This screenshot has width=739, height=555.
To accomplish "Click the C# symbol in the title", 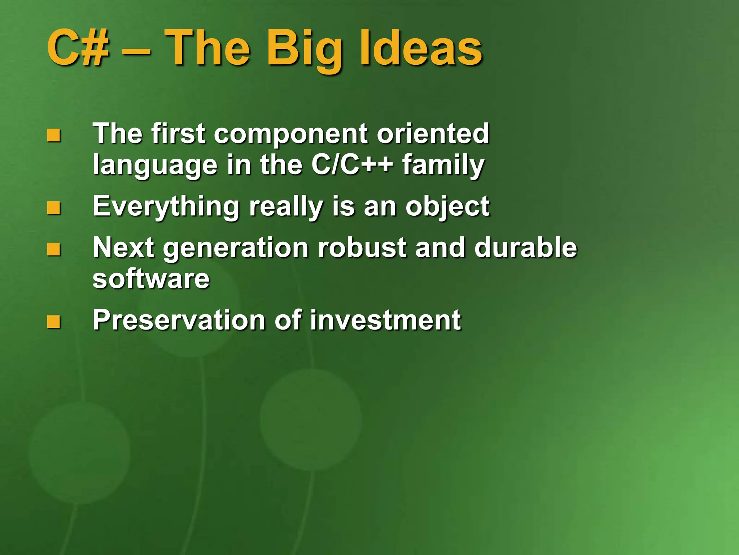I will point(78,48).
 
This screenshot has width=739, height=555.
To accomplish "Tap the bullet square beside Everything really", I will point(54,208).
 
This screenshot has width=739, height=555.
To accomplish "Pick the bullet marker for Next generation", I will point(54,250).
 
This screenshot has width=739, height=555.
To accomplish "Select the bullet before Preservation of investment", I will point(54,322).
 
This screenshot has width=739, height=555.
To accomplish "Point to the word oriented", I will point(433,134).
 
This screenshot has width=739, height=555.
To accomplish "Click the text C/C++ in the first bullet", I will point(352,165).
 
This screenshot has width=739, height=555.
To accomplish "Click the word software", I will point(151,279).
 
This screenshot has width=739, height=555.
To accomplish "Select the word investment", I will point(385,320).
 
